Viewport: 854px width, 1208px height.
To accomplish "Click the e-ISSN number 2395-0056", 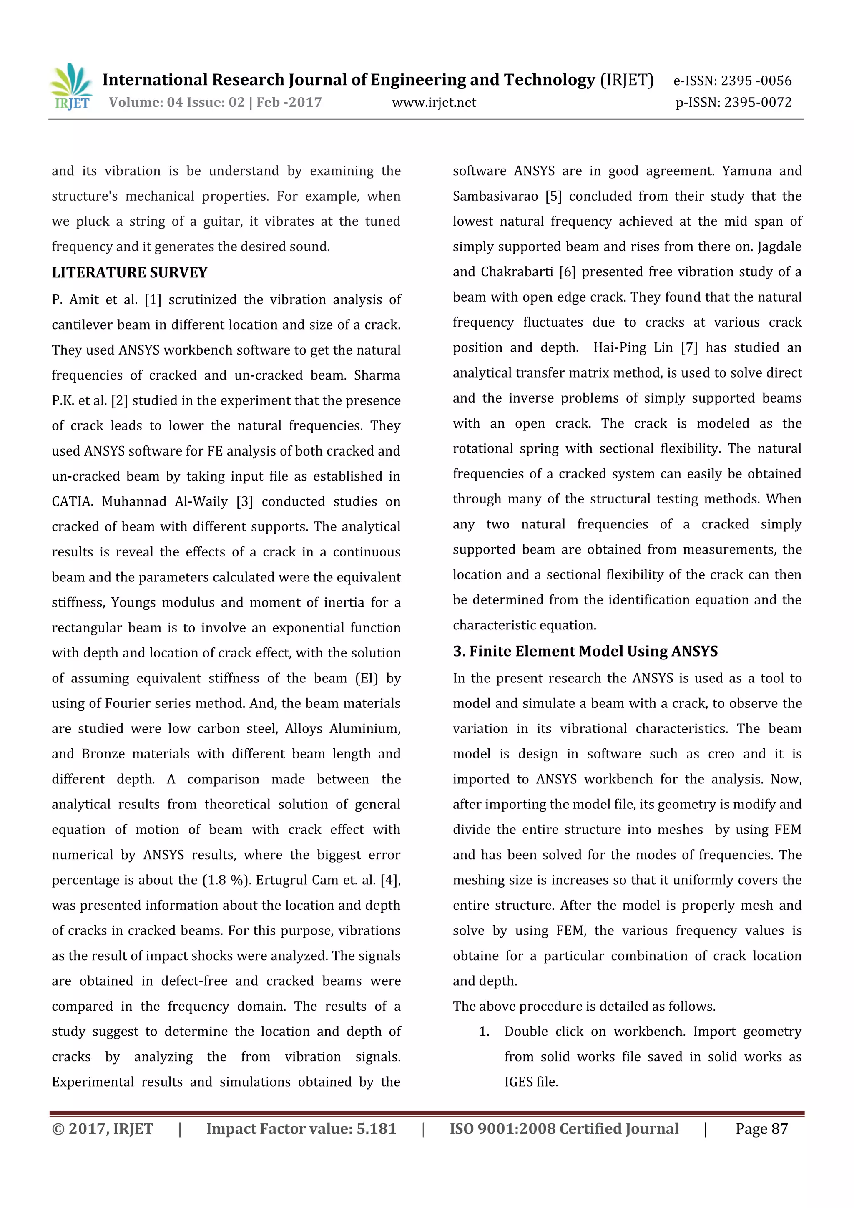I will tap(733, 81).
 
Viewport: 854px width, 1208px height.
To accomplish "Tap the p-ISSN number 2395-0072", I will tap(733, 102).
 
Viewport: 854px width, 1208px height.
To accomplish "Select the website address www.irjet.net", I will tap(434, 103).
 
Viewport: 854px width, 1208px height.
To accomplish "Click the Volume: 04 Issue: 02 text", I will tap(177, 102).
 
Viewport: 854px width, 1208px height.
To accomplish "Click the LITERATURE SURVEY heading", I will tap(129, 272).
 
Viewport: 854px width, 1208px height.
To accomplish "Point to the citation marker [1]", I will tap(153, 300).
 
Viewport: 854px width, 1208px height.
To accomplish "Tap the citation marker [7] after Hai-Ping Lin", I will tap(689, 348).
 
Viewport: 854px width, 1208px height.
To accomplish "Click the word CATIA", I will tap(72, 501).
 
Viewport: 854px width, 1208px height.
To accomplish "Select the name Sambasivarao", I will tap(495, 196).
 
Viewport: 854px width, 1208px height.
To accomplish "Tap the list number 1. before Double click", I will tap(484, 1032).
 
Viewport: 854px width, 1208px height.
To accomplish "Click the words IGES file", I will tap(531, 1082).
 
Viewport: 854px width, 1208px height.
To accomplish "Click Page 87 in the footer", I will tap(761, 1129).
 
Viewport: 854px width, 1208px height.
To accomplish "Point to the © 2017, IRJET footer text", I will tap(103, 1129).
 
